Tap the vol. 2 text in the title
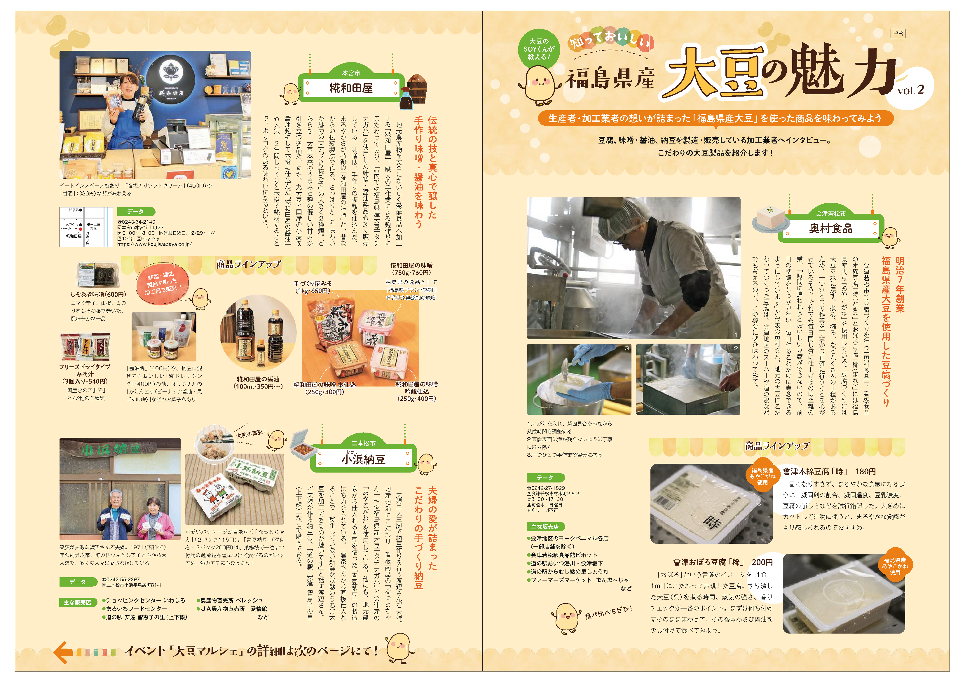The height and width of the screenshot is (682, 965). (910, 90)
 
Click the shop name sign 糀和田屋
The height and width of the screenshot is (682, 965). (351, 88)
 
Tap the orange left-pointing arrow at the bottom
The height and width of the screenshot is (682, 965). (63, 652)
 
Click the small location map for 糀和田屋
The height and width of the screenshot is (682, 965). (86, 227)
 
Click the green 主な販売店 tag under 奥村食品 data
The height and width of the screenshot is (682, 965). (545, 527)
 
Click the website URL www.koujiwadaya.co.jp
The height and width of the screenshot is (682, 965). (154, 244)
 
